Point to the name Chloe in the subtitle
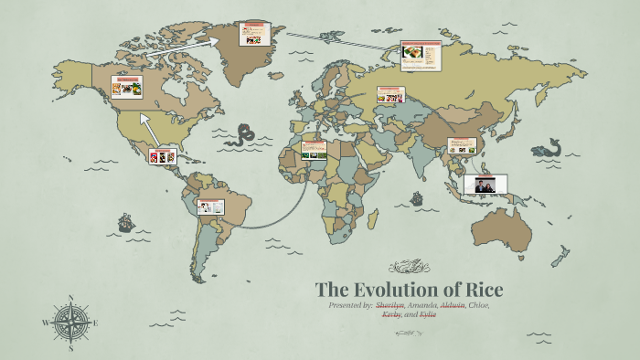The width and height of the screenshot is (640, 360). click(x=479, y=304)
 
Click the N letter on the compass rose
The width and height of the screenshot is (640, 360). click(x=70, y=298)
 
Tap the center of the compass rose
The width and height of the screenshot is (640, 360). click(x=70, y=323)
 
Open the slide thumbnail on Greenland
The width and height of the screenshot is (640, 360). click(x=251, y=34)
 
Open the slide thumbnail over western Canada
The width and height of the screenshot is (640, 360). click(x=126, y=87)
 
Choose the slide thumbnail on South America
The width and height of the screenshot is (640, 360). click(x=211, y=206)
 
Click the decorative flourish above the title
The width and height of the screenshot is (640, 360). click(x=410, y=267)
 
